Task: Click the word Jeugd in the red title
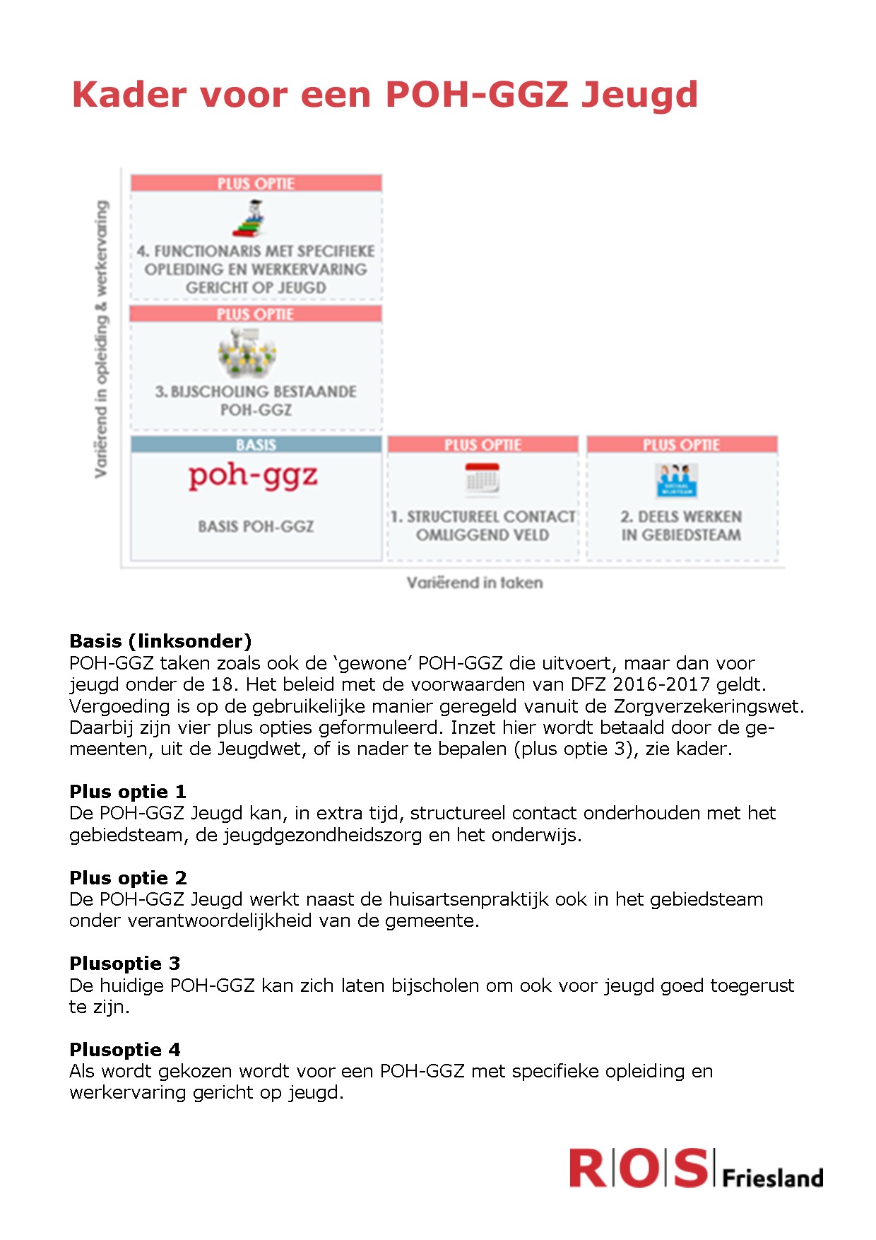coord(639,95)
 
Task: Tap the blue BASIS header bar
coord(256,445)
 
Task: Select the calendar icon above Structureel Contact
coord(483,479)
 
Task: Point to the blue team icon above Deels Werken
coord(676,480)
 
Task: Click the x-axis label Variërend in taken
coord(475,583)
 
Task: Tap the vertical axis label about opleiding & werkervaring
coord(102,339)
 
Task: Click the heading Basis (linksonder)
coord(160,641)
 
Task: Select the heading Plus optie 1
coord(128,792)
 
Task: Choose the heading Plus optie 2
coord(128,878)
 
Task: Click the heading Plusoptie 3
coord(124,964)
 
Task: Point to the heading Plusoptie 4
coord(124,1050)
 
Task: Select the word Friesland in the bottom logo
coord(773,1178)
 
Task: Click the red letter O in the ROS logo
coord(639,1168)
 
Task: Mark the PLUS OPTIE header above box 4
coord(256,184)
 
